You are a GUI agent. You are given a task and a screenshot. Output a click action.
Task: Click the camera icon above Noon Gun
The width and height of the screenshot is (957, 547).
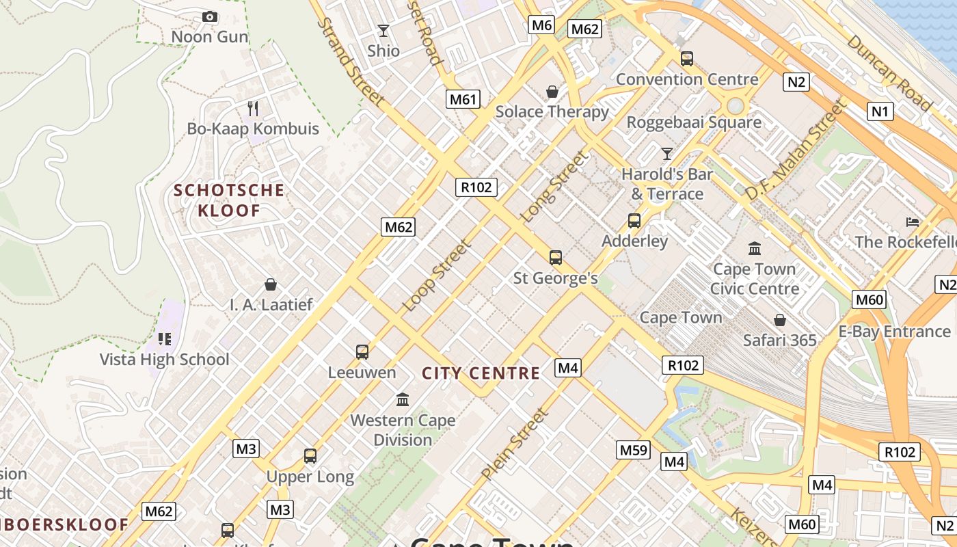point(210,16)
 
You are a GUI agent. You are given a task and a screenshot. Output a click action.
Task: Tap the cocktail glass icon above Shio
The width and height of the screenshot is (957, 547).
point(383,31)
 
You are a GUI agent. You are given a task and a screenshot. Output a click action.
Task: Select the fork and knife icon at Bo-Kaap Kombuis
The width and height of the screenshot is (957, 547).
point(253,108)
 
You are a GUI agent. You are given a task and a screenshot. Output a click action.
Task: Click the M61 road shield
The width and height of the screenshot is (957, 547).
point(463,99)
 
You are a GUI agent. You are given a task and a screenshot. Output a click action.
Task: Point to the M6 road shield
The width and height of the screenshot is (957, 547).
point(541,25)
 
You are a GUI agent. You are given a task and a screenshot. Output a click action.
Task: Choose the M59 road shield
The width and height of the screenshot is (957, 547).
point(632,449)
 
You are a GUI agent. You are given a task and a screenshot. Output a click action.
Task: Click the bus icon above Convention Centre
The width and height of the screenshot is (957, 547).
point(687,59)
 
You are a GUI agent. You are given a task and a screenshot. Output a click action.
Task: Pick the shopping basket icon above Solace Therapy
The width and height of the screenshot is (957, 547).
point(552,91)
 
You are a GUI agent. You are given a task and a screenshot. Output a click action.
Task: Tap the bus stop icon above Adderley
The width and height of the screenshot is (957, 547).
point(634,221)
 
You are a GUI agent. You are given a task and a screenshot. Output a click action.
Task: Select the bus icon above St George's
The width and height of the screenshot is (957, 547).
point(556,258)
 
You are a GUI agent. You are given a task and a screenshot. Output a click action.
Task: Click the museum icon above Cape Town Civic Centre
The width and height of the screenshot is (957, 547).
point(755,248)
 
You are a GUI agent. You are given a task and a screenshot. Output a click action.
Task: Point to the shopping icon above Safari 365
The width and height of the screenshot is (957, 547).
point(779,319)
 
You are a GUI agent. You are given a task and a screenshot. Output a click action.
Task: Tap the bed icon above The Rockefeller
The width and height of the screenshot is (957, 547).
point(913,222)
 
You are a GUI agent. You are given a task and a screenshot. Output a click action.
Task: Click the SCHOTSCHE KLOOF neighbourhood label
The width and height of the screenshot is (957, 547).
point(229,200)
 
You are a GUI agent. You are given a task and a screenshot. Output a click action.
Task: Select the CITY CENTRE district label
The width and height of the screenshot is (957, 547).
point(481,373)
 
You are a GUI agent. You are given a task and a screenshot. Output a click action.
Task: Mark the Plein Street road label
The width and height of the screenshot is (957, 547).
point(515,443)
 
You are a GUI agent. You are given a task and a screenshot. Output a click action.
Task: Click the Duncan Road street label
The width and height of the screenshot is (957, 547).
point(889,72)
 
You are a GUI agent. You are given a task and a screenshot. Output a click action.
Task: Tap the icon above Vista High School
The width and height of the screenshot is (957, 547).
point(164,338)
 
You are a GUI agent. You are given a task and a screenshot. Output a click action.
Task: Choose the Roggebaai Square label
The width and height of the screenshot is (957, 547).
point(694,122)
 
